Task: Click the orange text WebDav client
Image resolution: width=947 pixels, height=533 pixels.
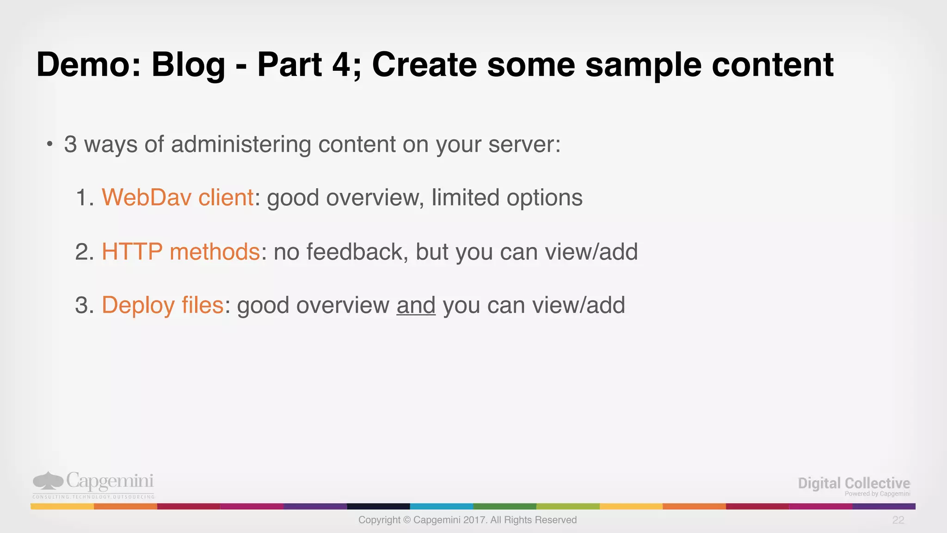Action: tap(178, 198)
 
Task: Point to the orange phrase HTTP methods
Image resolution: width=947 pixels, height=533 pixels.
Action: tap(180, 252)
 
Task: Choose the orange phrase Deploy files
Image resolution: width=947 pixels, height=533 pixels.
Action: tap(162, 306)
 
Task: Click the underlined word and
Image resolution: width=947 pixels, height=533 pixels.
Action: tap(416, 306)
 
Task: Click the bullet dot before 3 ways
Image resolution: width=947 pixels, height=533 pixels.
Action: tap(50, 145)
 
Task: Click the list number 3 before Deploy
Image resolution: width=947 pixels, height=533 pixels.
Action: tap(82, 306)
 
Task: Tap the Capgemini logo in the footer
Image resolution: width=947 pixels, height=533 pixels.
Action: tap(93, 484)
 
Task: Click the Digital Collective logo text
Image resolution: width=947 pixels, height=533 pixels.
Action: tap(854, 483)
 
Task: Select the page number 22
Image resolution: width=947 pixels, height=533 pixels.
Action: tap(898, 520)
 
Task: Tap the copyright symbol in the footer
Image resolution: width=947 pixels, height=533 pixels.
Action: tap(407, 520)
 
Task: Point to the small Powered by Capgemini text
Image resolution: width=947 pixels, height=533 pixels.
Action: tap(877, 494)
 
